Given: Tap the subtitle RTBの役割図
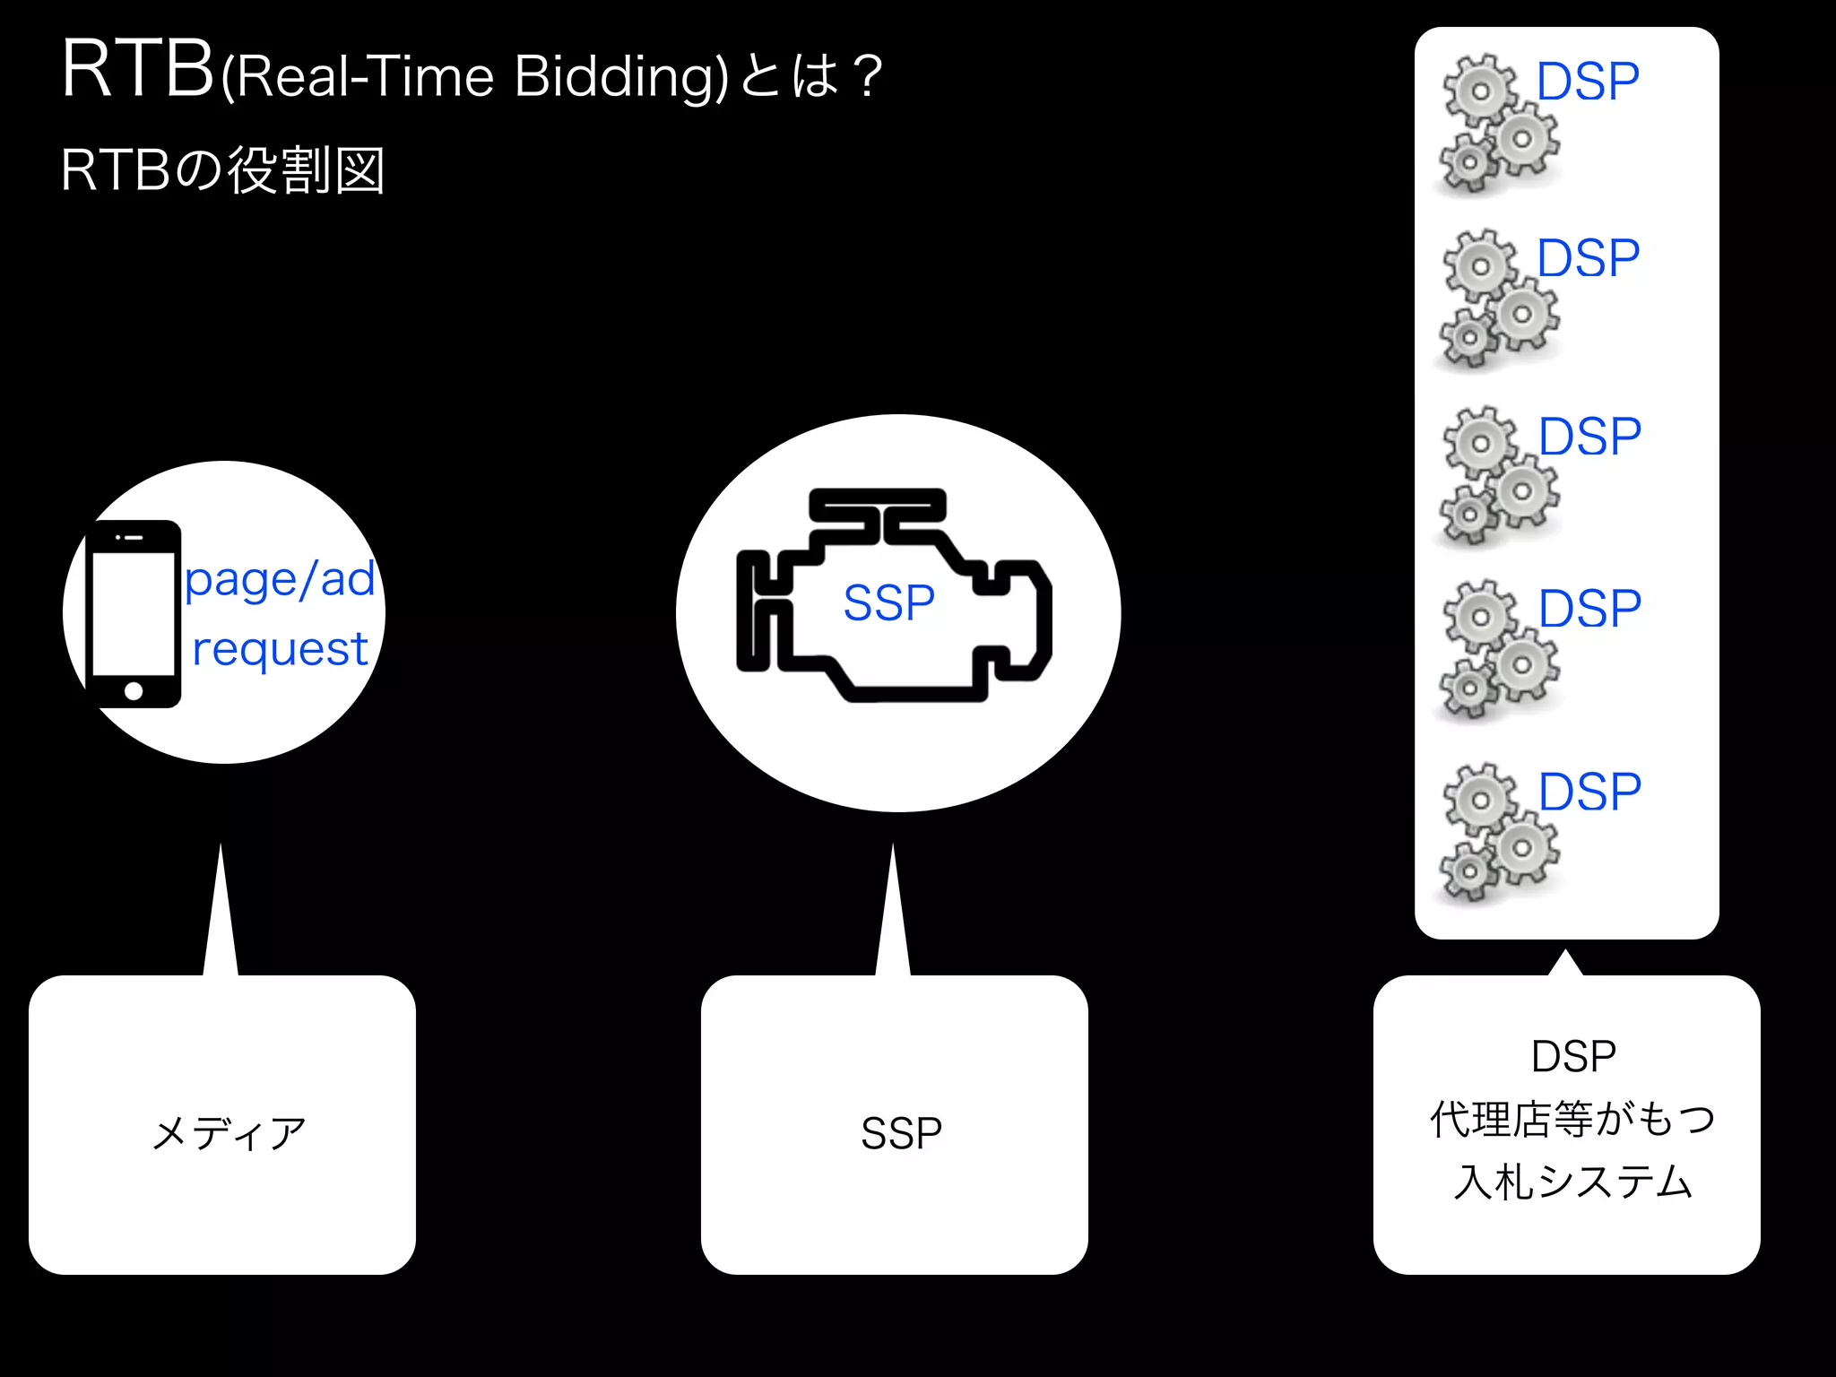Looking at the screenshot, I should (222, 170).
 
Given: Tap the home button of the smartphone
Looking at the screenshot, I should (134, 690).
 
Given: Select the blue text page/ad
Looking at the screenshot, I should (280, 581).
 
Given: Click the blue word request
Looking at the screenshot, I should (280, 649).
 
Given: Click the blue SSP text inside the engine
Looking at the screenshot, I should (888, 602).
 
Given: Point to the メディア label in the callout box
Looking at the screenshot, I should (229, 1133).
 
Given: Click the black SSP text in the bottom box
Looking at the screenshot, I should (901, 1133).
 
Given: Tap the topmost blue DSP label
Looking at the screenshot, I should (1588, 82).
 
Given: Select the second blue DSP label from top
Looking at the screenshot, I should (1588, 258).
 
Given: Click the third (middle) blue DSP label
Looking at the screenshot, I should (1589, 437).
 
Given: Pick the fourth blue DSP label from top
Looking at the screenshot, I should (1589, 609).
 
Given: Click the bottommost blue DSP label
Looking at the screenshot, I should (1589, 792).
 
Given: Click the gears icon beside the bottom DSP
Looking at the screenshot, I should (1497, 833).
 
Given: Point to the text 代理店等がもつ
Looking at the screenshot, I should (1572, 1119).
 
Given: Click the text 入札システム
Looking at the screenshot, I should (1572, 1182).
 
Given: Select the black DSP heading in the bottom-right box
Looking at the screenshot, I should (1573, 1056).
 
